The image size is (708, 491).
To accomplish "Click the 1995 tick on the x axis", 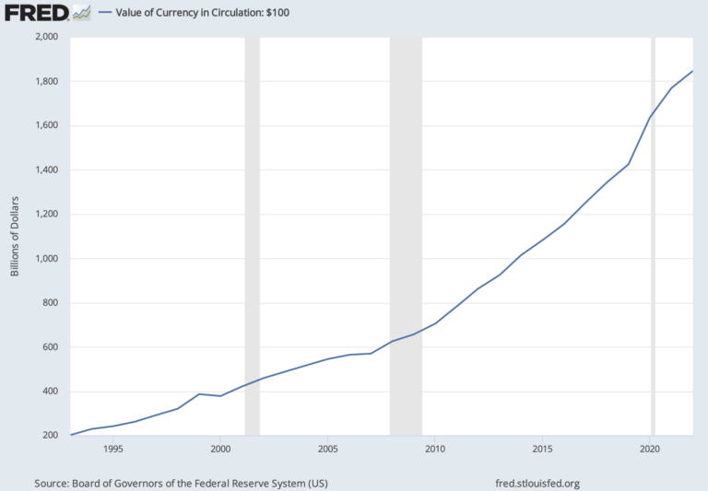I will pyautogui.click(x=112, y=450).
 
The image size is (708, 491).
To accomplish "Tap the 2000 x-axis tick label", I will pyautogui.click(x=219, y=450).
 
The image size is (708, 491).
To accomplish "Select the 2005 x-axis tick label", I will pyautogui.click(x=327, y=450).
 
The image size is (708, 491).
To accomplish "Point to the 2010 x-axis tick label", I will pyautogui.click(x=434, y=450).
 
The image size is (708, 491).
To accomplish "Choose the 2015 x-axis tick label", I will pyautogui.click(x=542, y=450).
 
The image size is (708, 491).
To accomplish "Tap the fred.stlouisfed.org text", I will pyautogui.click(x=537, y=483).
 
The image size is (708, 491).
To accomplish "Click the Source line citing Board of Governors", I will pyautogui.click(x=181, y=483).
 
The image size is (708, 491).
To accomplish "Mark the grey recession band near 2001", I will pyautogui.click(x=252, y=236).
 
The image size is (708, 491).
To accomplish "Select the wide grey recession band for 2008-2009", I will pyautogui.click(x=406, y=236).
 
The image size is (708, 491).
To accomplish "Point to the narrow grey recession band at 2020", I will pyautogui.click(x=653, y=236).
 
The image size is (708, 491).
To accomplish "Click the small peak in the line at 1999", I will pyautogui.click(x=198, y=394).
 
